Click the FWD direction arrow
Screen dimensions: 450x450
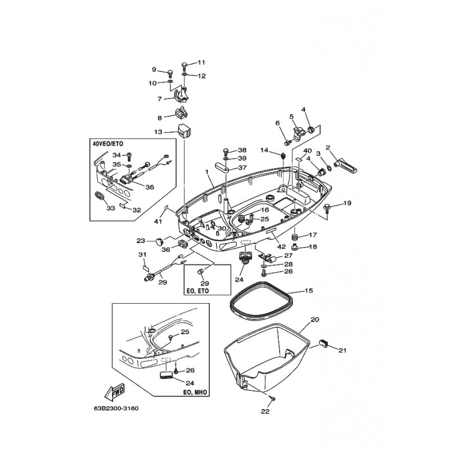114,392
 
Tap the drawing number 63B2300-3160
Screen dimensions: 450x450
116,408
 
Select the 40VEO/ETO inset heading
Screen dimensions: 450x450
108,143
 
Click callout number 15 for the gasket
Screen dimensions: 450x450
308,291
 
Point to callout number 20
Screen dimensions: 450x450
315,319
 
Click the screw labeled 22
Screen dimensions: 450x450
273,399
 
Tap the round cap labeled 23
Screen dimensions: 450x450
159,241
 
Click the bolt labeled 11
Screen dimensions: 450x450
184,66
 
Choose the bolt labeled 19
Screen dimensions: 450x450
327,209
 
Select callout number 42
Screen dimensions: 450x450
282,246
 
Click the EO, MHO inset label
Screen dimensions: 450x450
196,392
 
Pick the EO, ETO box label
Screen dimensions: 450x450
196,291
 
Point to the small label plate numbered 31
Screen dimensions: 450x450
146,269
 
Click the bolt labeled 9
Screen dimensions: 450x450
170,74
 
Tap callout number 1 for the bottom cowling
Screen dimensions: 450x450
206,172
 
